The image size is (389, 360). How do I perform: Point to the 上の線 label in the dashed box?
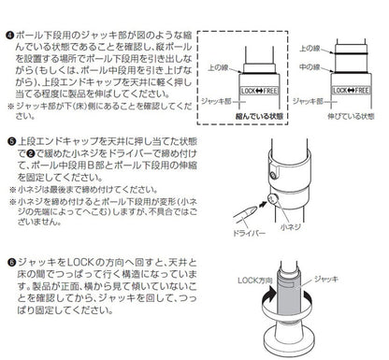[x=221, y=68]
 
